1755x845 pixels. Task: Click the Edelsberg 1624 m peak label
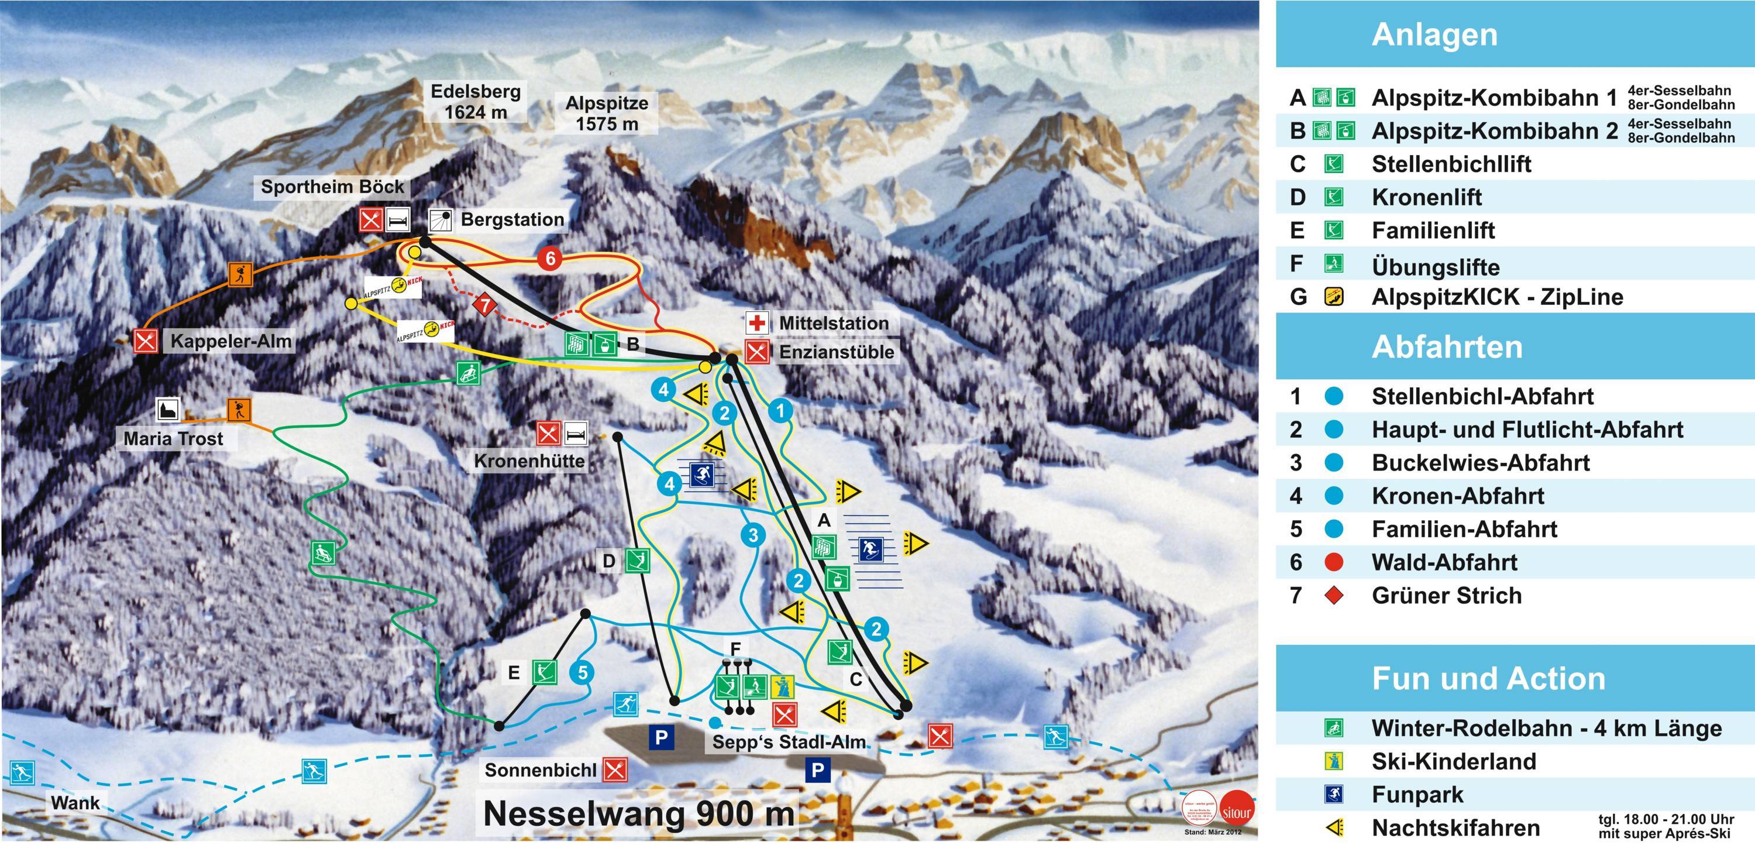click(x=476, y=102)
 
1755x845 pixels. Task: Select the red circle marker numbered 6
click(x=550, y=258)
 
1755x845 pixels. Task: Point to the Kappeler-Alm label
click(x=230, y=341)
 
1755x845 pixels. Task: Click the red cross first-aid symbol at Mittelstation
click(x=757, y=322)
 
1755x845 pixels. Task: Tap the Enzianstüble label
click(x=836, y=352)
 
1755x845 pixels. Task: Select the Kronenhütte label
click(x=529, y=461)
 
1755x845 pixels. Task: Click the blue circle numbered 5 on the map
click(x=582, y=672)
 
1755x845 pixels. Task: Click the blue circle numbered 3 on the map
click(x=753, y=535)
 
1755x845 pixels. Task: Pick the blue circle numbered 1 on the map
click(x=781, y=410)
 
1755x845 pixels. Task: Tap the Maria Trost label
click(x=173, y=438)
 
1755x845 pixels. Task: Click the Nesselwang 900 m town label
click(x=638, y=813)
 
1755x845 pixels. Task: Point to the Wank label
click(x=75, y=802)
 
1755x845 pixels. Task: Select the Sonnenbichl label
click(x=541, y=770)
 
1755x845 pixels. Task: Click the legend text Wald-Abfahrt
click(x=1444, y=562)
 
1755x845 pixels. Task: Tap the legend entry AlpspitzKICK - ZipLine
click(x=1497, y=297)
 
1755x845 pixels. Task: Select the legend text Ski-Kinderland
click(x=1454, y=761)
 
